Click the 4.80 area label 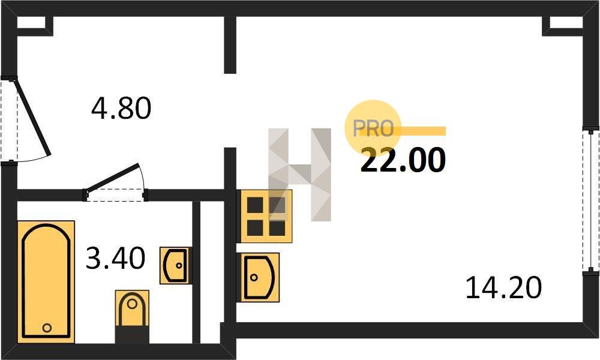pyautogui.click(x=121, y=109)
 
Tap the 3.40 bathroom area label pyautogui.click(x=116, y=259)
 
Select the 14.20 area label pyautogui.click(x=503, y=288)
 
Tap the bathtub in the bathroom pyautogui.click(x=46, y=281)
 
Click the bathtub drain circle pyautogui.click(x=47, y=328)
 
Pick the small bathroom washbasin pyautogui.click(x=176, y=265)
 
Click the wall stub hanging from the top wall pyautogui.click(x=230, y=45)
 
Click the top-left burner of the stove pyautogui.click(x=255, y=205)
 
